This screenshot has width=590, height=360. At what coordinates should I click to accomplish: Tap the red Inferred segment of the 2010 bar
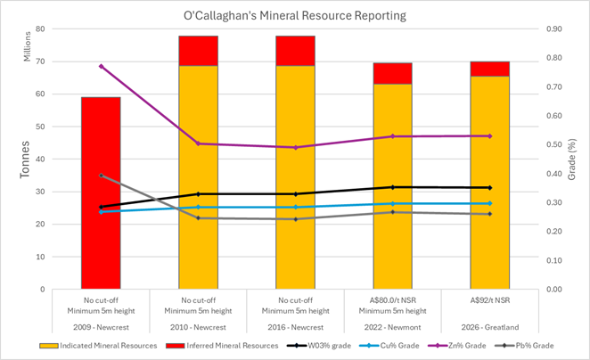(198, 51)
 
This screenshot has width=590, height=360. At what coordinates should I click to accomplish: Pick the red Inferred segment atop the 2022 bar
(392, 73)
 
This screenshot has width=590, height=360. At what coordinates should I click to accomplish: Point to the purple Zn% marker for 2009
(101, 66)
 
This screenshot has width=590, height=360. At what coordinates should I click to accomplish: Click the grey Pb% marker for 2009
(101, 176)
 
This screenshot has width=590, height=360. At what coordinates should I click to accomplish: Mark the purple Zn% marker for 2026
(489, 135)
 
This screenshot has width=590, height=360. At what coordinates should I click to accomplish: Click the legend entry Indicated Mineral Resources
(97, 344)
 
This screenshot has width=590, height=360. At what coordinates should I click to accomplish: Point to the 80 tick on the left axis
(42, 29)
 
